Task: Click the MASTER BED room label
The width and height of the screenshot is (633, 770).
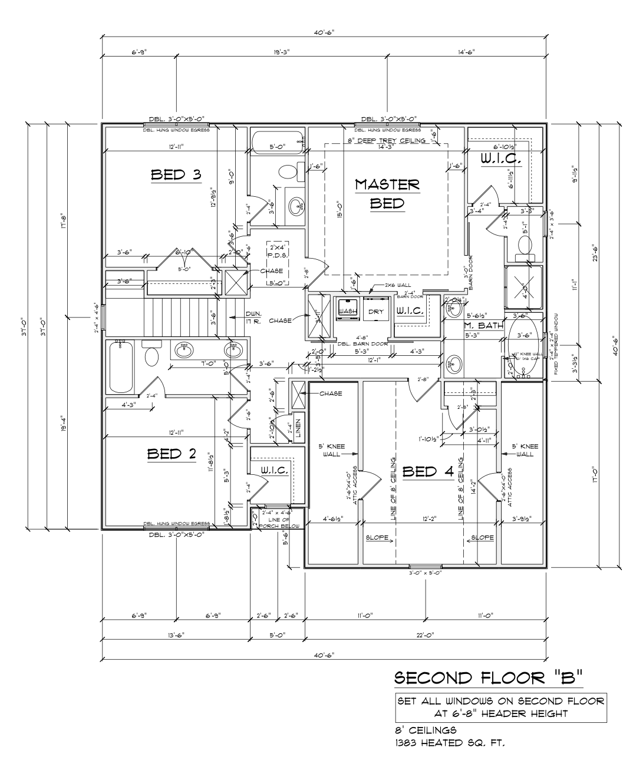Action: click(x=387, y=194)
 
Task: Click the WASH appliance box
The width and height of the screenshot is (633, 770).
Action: click(x=348, y=310)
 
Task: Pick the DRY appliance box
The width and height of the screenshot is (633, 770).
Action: click(x=376, y=311)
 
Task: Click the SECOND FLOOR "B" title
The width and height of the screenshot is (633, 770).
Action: click(x=488, y=678)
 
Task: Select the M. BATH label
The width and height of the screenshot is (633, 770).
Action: click(x=483, y=325)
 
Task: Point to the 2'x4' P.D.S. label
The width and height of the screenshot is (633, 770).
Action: click(x=276, y=252)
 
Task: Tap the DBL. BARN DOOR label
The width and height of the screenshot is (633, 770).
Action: click(x=362, y=344)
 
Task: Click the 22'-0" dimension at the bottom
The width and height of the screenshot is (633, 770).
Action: click(x=425, y=635)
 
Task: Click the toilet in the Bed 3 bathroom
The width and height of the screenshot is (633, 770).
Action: click(x=288, y=172)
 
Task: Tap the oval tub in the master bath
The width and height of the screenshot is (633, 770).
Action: click(x=522, y=345)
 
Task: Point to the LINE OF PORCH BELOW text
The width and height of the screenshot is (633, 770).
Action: click(x=277, y=521)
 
